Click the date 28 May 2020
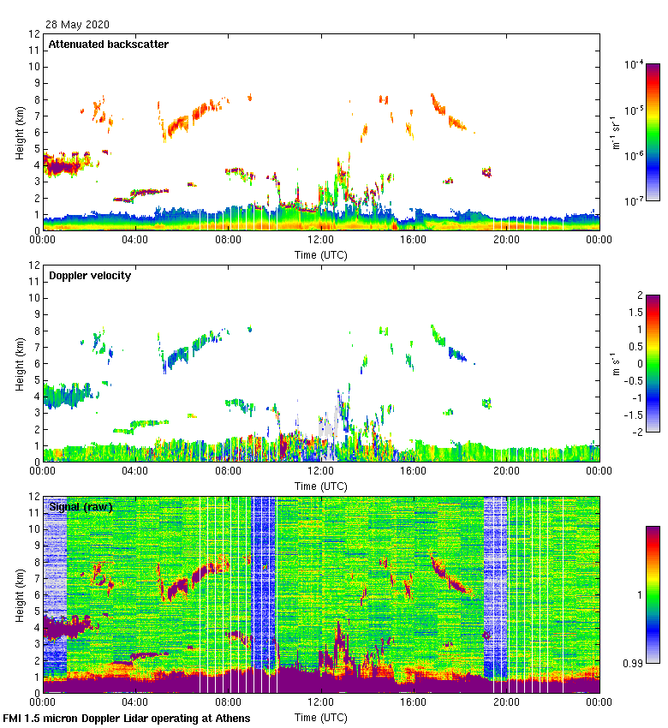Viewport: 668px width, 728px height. (77, 25)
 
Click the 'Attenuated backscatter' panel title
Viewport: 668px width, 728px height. (109, 44)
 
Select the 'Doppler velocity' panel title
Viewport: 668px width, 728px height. (90, 276)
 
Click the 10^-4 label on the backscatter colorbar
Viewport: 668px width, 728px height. (635, 64)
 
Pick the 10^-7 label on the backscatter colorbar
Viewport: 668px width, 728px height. (635, 202)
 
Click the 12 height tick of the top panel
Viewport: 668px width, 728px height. (35, 34)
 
